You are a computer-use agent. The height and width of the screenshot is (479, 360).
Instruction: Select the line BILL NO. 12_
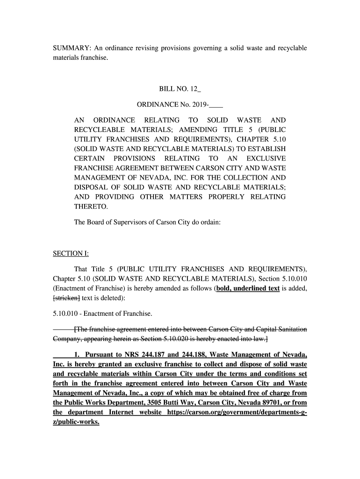click(x=180, y=89)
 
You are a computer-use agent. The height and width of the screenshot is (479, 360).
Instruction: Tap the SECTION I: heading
click(x=70, y=254)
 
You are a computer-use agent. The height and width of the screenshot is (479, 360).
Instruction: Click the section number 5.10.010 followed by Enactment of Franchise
click(x=67, y=313)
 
